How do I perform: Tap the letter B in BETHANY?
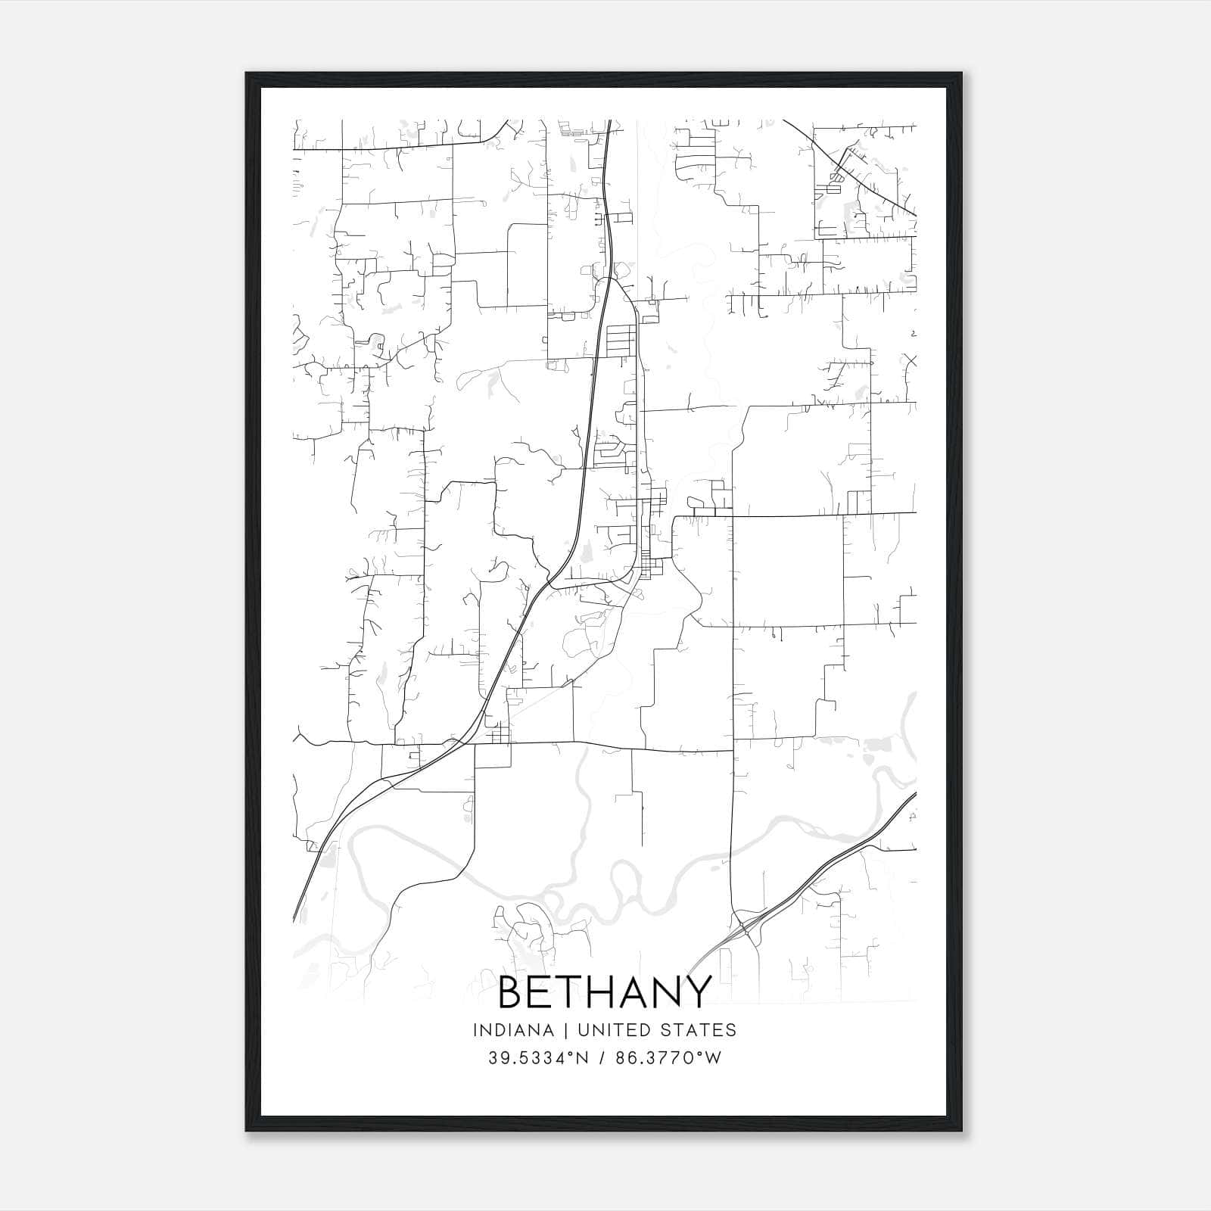(x=512, y=992)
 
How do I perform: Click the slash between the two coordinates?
(x=602, y=1058)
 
